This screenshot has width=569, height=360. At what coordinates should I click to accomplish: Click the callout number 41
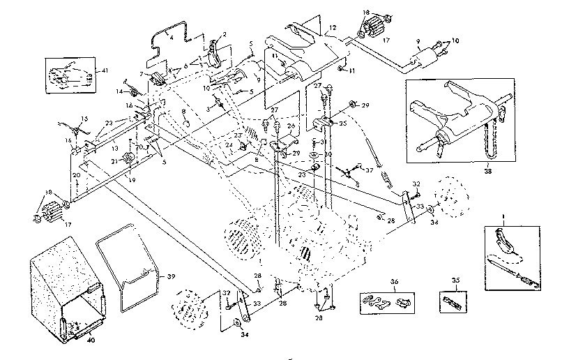[105, 70]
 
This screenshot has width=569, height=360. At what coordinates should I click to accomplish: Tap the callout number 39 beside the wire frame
[172, 276]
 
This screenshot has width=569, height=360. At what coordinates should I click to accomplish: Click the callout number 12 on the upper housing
[333, 28]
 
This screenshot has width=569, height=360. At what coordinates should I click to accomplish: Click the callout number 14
[119, 91]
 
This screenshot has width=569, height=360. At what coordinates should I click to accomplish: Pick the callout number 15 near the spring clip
[84, 117]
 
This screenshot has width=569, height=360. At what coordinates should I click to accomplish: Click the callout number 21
[114, 160]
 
